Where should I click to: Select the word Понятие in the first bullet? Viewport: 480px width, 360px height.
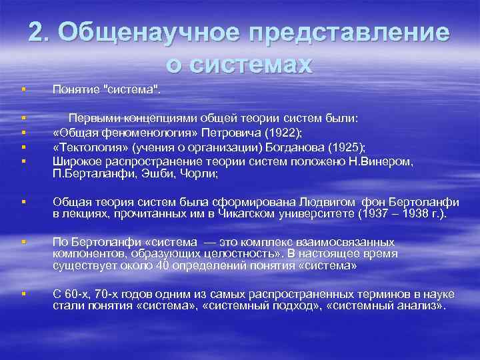pos(74,89)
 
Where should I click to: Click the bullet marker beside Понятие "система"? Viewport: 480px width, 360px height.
pos(23,89)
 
